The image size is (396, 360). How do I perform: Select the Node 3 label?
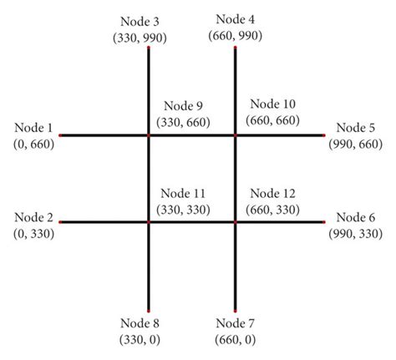[149, 18]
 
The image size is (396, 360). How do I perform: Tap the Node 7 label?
[236, 322]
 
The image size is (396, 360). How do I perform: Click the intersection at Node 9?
[149, 134]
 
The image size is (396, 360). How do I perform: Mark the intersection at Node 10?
[236, 134]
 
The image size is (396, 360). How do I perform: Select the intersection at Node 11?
[149, 222]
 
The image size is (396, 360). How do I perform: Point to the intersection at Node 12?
[236, 222]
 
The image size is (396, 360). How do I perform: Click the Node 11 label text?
[182, 193]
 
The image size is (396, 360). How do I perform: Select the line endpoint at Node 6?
[324, 222]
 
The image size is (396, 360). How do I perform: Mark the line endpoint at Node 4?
[236, 48]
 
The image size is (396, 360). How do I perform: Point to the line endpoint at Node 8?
[149, 309]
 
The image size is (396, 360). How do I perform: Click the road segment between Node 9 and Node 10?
[192, 134]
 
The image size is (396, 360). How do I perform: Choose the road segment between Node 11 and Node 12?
[192, 222]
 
